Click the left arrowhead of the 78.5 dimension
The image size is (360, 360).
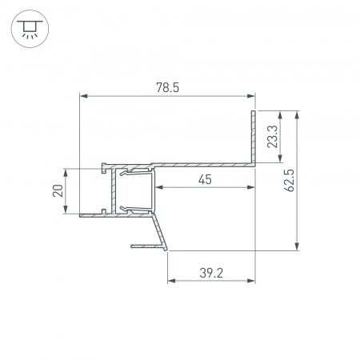pos(82,96)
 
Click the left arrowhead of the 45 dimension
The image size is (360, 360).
pos(157,187)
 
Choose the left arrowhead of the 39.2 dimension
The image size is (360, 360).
pos(170,282)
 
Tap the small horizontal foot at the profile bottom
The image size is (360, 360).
pos(144,246)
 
